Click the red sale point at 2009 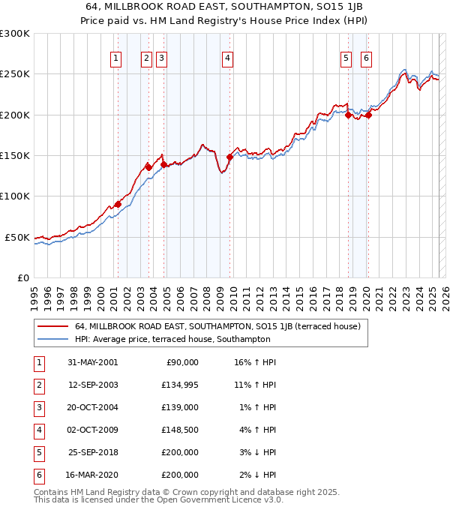230,157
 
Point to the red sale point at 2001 118,204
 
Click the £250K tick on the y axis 15,74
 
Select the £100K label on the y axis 15,196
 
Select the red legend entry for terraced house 217,326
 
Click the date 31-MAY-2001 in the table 92,362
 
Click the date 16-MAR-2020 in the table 92,475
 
